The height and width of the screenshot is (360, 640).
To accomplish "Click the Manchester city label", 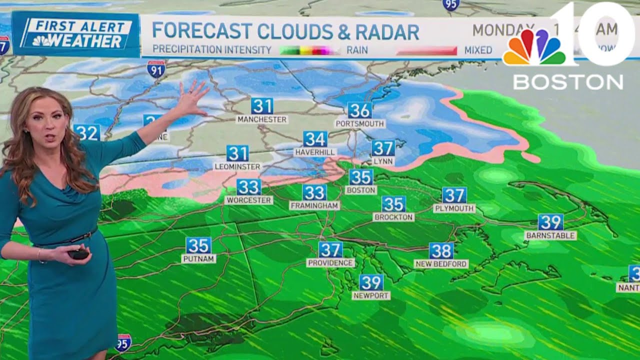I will pos(262,119).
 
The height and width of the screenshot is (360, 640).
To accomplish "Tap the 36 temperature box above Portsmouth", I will pos(360,110).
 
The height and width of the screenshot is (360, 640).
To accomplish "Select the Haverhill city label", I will pos(315,151).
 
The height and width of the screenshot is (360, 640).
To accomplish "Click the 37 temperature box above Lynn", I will pos(383,148).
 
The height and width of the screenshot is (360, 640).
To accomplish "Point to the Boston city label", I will pos(361,190).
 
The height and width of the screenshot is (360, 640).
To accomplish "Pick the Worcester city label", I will pos(249,200).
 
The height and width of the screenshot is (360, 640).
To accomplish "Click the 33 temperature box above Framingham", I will pos(314,192).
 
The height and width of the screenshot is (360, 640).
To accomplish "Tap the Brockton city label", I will pos(393,217).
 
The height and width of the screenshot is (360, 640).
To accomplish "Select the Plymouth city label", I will pos(454,208).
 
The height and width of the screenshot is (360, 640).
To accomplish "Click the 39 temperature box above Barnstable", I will pos(550,222).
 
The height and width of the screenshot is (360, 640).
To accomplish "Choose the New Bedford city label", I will pos(441,263).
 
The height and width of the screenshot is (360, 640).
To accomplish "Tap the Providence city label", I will pos(330,262).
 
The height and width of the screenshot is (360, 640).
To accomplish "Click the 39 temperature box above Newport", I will pos(371,282).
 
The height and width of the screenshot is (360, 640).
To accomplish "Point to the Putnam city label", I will pos(198,258).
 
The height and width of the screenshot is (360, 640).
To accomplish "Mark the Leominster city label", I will pos(237,166).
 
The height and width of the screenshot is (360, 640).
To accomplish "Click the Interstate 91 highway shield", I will pos(156,69).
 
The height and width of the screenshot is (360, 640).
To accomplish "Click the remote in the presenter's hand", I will pos(79,254).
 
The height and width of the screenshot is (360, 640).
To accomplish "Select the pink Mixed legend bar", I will pos(426,50).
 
